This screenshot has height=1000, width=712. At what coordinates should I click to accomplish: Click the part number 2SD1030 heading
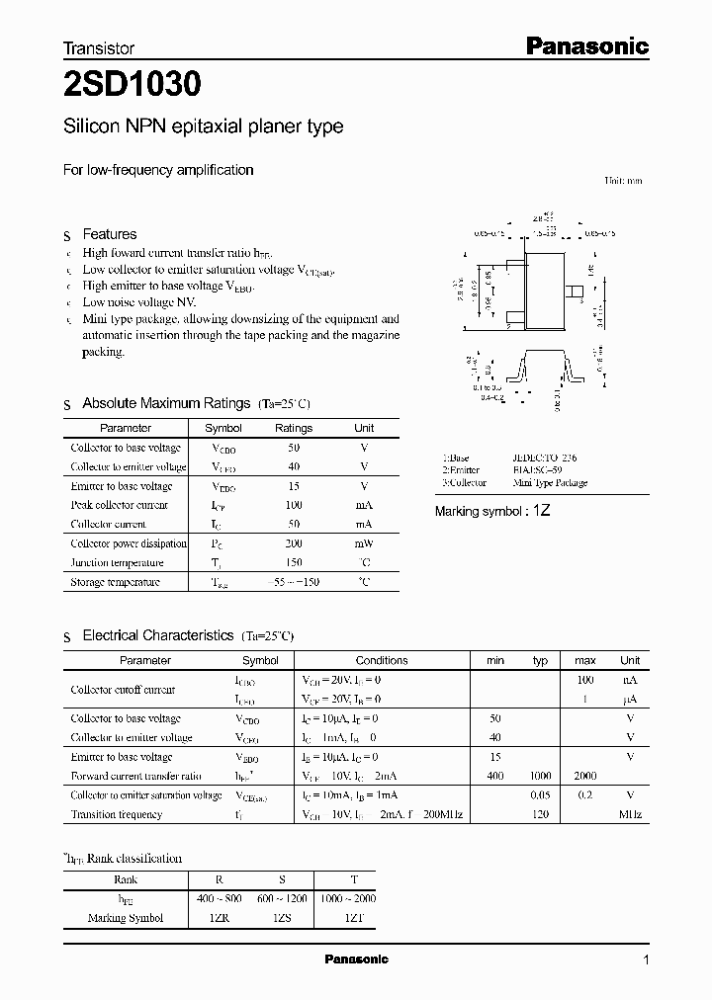coord(133,85)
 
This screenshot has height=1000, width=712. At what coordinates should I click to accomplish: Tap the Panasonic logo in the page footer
coord(357,959)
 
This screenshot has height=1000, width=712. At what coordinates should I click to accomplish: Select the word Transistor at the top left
coord(99,47)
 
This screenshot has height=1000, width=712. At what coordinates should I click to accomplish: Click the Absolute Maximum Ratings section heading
coord(166,403)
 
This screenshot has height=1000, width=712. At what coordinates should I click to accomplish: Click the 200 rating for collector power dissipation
coord(293,543)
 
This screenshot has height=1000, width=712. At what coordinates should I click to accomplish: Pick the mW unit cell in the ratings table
coord(364,543)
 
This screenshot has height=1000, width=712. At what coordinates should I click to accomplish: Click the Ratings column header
coord(293,428)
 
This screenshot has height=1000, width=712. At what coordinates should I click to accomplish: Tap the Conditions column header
coord(382,660)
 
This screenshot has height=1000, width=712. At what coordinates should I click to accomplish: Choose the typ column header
coord(540,660)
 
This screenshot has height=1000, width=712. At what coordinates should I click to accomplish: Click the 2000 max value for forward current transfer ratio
coord(584,777)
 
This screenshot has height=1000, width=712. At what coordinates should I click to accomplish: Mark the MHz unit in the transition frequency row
coord(630,814)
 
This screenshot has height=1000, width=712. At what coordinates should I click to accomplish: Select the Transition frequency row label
coord(116,814)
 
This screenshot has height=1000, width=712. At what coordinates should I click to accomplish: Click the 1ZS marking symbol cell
coord(282,918)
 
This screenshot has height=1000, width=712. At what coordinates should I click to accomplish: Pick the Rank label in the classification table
coord(126,879)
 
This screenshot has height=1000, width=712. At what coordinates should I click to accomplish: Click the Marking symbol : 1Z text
coord(492,511)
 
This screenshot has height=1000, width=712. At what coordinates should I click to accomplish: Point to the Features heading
coord(110,234)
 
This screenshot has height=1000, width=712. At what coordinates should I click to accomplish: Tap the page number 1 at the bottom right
coord(646,960)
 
